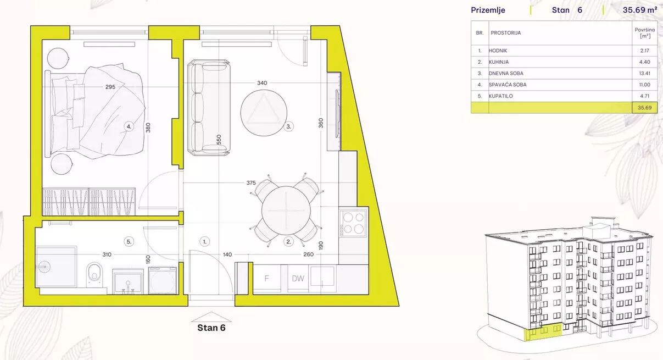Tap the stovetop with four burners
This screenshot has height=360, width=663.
353,223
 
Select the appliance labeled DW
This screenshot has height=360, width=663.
298,279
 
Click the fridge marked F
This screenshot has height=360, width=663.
266,279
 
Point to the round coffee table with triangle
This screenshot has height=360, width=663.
264,113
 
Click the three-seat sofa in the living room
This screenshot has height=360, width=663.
209,108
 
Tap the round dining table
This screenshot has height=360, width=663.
286,211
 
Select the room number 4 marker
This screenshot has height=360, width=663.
129,127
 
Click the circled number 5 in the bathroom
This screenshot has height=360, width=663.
129,242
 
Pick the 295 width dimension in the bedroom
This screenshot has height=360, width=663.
110,87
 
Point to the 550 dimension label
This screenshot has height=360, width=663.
219,140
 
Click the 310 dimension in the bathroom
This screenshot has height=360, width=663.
107,254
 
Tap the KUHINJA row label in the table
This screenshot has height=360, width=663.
499,62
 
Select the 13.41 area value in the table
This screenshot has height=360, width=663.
645,73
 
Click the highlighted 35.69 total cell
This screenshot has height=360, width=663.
645,108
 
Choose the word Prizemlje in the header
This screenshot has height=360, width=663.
488,10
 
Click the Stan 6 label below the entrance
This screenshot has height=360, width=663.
211,328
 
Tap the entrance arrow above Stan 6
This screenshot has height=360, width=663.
211,317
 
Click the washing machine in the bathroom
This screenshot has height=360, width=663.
163,281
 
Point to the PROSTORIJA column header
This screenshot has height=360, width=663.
506,33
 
